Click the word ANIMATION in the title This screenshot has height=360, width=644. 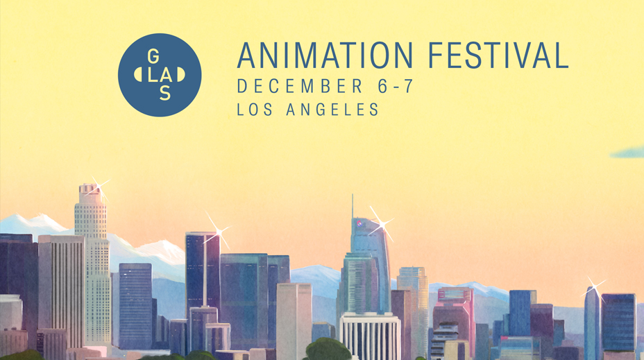point(325,55)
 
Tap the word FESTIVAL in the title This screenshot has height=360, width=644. point(498,55)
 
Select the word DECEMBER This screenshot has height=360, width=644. point(300,86)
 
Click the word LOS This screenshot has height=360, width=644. point(255,110)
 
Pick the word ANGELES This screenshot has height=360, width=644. point(332,110)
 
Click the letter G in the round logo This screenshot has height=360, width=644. point(153,56)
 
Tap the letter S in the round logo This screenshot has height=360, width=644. point(165,94)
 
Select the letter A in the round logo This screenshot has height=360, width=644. point(166,75)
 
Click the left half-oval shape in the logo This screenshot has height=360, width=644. point(138,75)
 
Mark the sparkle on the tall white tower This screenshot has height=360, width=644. point(99,188)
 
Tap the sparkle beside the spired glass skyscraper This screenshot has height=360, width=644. point(382,224)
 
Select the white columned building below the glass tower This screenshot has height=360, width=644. point(370,336)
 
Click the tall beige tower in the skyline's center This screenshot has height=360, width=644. point(294,321)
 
